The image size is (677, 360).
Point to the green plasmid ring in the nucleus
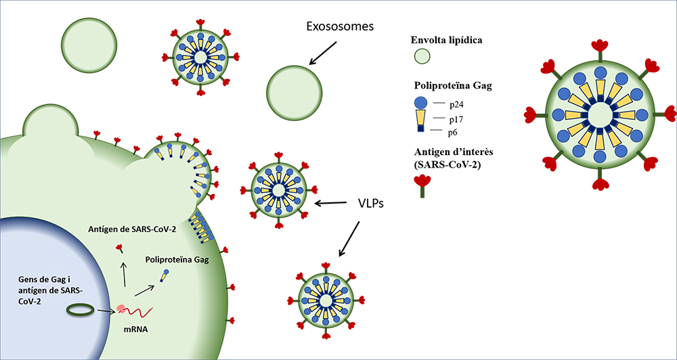point(80,310)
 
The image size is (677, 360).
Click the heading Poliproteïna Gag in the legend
point(458,87)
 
